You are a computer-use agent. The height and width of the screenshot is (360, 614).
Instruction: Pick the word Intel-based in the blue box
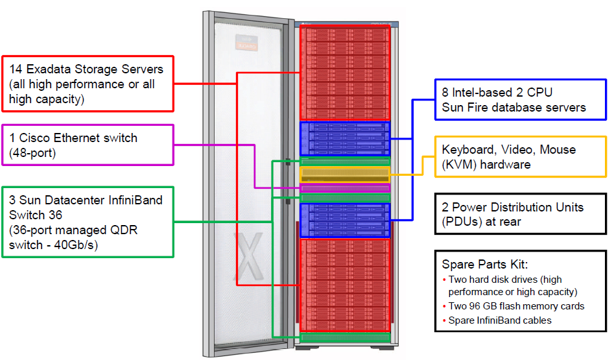[482, 92]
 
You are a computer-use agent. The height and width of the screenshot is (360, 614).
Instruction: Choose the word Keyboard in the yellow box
[469, 150]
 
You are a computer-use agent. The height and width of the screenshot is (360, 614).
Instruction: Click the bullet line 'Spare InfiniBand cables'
[498, 320]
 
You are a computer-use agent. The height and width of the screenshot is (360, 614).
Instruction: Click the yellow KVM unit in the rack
[344, 174]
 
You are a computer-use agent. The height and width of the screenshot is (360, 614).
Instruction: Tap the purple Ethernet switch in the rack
[344, 188]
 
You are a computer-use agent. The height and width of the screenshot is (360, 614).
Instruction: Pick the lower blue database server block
[344, 221]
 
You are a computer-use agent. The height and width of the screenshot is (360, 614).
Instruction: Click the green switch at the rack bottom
[344, 337]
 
